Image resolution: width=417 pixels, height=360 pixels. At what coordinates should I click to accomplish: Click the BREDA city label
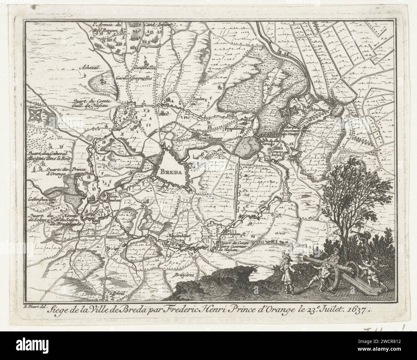(x=169, y=171)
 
